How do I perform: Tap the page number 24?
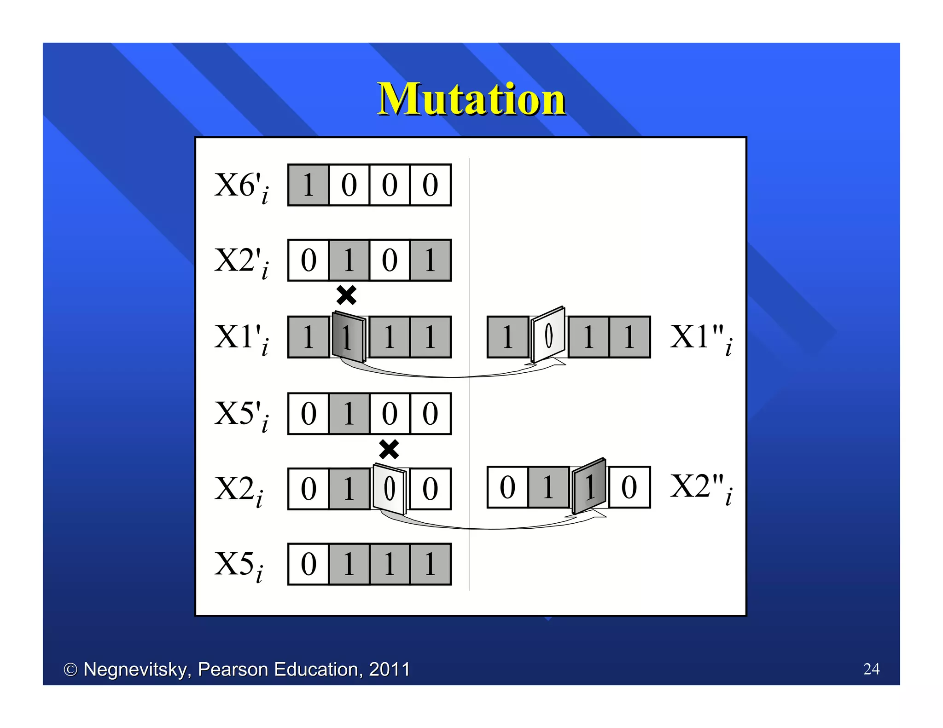tap(871, 669)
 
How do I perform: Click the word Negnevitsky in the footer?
tap(137, 670)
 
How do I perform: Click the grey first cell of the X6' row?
tap(308, 185)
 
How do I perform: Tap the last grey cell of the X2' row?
tap(430, 260)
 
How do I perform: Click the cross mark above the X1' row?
tap(346, 295)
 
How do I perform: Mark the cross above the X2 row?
tap(389, 449)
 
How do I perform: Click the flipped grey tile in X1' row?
tap(349, 337)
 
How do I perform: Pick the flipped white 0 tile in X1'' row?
tap(548, 335)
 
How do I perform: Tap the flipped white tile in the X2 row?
tap(390, 488)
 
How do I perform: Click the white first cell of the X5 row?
tap(308, 564)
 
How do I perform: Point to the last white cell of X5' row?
tap(430, 414)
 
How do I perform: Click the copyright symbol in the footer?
tap(70, 670)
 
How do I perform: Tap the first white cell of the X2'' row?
tap(507, 487)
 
